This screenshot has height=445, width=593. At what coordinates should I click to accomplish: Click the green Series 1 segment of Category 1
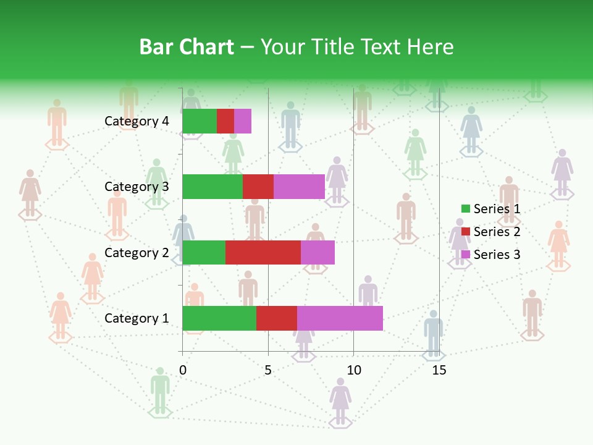coord(219,318)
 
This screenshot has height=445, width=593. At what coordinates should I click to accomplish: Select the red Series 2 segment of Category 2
coord(263,252)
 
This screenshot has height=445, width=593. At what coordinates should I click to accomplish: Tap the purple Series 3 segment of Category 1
coord(340,318)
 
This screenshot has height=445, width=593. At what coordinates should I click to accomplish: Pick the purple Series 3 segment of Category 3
coord(299,187)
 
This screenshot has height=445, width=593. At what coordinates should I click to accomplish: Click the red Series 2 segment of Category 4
coord(225,121)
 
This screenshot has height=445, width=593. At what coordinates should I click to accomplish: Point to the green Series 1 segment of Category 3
coord(212,187)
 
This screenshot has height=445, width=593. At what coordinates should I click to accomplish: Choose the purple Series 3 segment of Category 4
coord(243,121)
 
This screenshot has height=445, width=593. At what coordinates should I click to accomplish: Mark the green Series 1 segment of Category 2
coord(204,252)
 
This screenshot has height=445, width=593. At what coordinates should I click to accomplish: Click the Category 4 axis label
coord(137,121)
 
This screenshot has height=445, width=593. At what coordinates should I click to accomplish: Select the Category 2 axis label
coord(137,253)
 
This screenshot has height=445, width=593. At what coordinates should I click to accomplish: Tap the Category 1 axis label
coord(137,318)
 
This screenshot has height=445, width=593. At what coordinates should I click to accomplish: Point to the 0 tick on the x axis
coord(183,371)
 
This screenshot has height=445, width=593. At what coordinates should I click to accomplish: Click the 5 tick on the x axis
coord(268,371)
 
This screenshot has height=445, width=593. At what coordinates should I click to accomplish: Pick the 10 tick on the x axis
coord(353,371)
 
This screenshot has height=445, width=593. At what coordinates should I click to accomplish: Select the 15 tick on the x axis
coord(439,371)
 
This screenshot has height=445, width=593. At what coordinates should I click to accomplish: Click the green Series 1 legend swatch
coord(465,209)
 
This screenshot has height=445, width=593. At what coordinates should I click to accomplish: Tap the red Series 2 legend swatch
coord(465,232)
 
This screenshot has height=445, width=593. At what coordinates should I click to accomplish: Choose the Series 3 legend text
coord(497,255)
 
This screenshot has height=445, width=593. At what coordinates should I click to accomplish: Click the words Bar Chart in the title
coord(187,47)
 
